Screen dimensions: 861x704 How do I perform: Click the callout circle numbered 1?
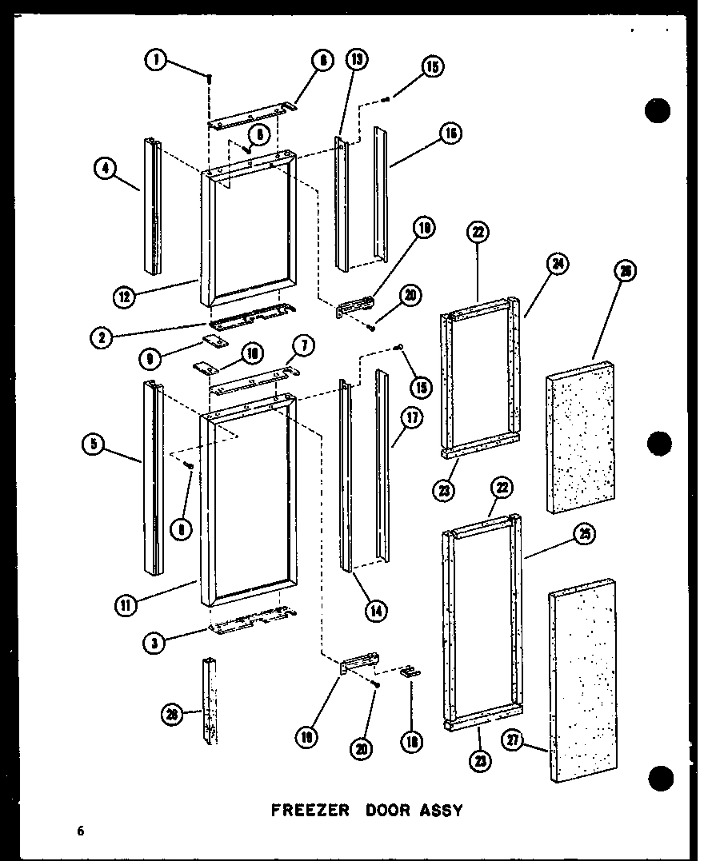tap(156, 59)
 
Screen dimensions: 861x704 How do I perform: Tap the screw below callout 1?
tap(209, 78)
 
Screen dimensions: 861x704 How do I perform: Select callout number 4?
tap(103, 168)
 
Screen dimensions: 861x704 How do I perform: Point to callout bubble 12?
tap(124, 297)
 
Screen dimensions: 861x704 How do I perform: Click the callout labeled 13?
tap(356, 60)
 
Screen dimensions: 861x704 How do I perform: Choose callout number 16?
tap(450, 134)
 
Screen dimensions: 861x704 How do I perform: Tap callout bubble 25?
tap(585, 536)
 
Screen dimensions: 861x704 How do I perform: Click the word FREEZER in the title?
tap(310, 810)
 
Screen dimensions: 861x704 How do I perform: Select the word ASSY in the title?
tap(445, 810)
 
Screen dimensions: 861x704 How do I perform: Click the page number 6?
tap(80, 831)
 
